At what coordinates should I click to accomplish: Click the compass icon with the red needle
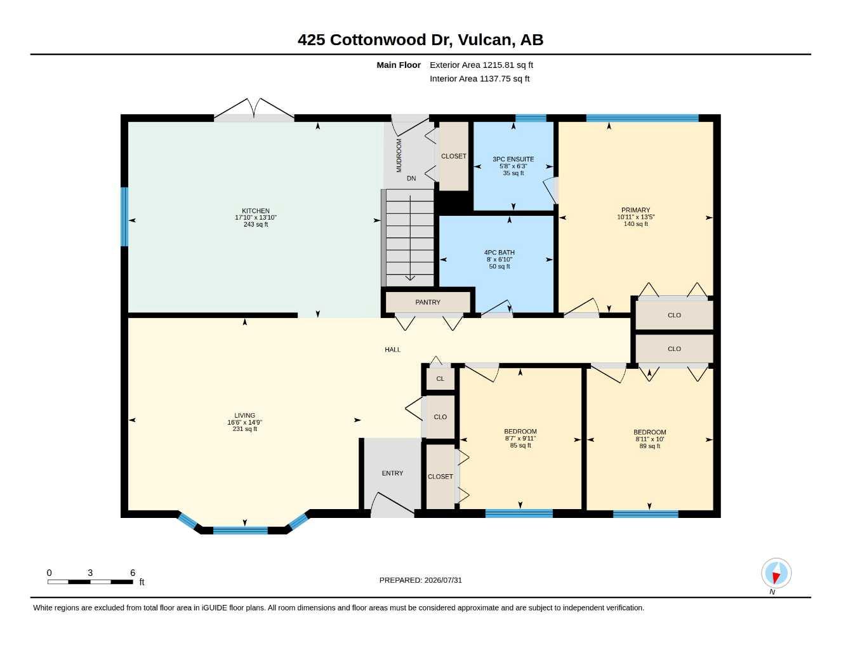pos(776,573)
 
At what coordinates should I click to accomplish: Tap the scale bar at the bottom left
pos(90,581)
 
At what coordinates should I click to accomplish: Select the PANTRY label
pos(428,302)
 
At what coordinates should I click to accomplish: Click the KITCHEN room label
pos(255,211)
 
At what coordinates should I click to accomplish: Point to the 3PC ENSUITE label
pos(513,159)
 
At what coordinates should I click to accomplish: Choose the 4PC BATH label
pos(500,252)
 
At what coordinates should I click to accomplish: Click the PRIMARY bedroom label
pos(635,210)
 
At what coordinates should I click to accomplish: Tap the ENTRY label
pos(392,473)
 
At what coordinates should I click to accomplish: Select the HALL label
pos(392,350)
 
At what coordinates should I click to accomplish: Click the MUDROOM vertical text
pos(399,155)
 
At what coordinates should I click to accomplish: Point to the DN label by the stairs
pos(411,178)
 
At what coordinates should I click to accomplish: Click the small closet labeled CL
pos(440,379)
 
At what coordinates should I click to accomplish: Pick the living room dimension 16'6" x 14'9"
pos(244,423)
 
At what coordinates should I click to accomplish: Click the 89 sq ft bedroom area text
pos(650,446)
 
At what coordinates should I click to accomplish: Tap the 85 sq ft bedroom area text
pos(520,446)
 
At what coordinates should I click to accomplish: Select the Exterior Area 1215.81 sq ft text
pos(481,65)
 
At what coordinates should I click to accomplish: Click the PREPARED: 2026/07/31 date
pos(420,580)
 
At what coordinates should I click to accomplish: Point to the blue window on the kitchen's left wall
pos(124,216)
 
